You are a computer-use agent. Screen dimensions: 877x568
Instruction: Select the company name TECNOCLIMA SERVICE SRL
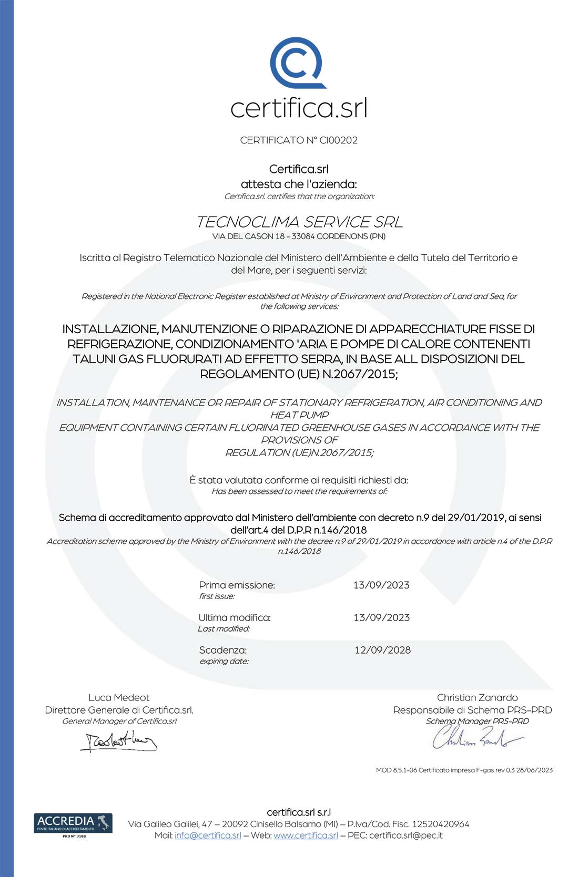coord(299,222)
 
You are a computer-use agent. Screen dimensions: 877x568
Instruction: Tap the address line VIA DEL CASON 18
coord(299,236)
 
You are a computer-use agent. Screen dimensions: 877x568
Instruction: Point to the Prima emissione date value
coord(381,585)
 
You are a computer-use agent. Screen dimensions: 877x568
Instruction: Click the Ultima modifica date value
coord(381,618)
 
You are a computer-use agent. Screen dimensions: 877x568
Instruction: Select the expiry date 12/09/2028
coord(382,651)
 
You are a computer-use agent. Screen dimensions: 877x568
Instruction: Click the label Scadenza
coord(223,651)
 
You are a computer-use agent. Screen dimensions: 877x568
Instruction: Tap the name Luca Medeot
coord(119,698)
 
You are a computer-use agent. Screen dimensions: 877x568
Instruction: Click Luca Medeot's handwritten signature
coord(119,741)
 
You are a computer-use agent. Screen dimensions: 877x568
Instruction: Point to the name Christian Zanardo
coord(477,698)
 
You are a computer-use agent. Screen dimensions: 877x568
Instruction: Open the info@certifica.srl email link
coord(208,835)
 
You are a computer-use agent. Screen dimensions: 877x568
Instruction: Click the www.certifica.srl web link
coord(306,835)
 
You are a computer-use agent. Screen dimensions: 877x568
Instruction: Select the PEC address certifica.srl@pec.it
coord(405,835)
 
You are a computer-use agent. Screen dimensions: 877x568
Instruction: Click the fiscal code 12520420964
coord(440,824)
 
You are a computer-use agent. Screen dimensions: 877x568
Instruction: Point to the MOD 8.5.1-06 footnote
coord(464,770)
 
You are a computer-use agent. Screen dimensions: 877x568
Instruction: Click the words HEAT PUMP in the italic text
coord(299,415)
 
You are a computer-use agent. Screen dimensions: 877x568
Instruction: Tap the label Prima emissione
coord(237,585)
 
